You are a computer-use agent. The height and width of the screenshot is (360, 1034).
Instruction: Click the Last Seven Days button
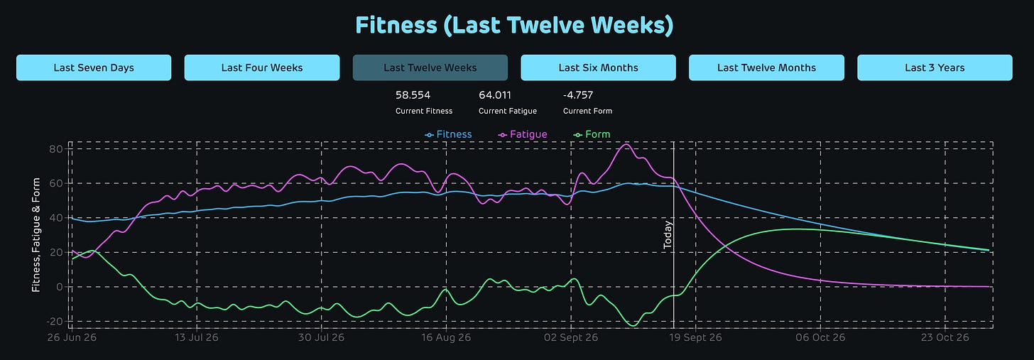(94, 68)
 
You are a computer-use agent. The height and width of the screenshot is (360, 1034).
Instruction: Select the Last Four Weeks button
(262, 68)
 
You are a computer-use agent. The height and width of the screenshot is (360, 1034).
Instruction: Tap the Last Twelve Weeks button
(430, 68)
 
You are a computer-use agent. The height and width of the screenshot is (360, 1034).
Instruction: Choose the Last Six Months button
(598, 68)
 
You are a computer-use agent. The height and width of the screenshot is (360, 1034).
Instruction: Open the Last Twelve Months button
(766, 68)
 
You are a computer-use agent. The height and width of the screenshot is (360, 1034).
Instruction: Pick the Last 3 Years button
(935, 68)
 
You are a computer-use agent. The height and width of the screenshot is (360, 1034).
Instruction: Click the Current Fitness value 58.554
(413, 95)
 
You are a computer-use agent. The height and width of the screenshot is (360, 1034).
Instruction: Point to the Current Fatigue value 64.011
(495, 95)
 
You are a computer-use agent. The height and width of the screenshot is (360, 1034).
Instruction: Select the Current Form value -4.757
(578, 95)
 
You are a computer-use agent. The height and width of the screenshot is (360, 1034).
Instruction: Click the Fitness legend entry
(448, 134)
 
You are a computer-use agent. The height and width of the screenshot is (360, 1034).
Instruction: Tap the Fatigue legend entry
(523, 134)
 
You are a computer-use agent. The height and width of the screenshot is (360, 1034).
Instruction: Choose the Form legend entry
(592, 134)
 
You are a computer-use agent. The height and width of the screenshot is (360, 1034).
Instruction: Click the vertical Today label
(668, 235)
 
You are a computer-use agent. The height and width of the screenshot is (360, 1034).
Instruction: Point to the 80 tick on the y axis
(56, 149)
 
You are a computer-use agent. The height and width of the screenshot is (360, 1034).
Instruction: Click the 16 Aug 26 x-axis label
(446, 337)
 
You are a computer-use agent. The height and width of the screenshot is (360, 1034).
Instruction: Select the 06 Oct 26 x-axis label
(820, 337)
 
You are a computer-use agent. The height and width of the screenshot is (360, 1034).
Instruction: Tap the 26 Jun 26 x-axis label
(72, 337)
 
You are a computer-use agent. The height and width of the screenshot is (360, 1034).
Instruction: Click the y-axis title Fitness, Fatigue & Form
(36, 235)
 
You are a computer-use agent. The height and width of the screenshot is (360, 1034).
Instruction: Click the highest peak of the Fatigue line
(626, 144)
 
